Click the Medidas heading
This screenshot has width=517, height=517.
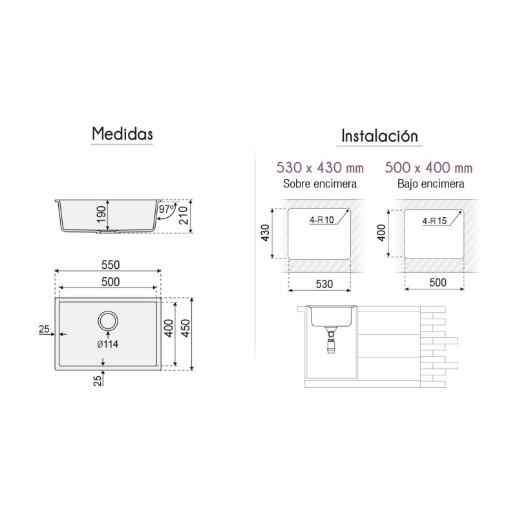click(x=122, y=134)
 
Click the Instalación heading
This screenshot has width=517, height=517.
click(x=379, y=136)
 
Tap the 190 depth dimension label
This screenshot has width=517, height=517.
click(x=101, y=215)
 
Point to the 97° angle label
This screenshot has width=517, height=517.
click(x=167, y=209)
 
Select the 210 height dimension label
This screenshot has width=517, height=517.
click(x=184, y=216)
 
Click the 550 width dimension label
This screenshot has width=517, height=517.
click(x=111, y=265)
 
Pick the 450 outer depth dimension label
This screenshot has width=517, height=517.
click(x=186, y=328)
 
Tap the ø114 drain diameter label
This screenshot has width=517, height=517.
click(x=108, y=344)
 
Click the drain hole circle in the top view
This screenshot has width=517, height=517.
click(x=108, y=321)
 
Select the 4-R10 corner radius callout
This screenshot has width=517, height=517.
click(x=321, y=220)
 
